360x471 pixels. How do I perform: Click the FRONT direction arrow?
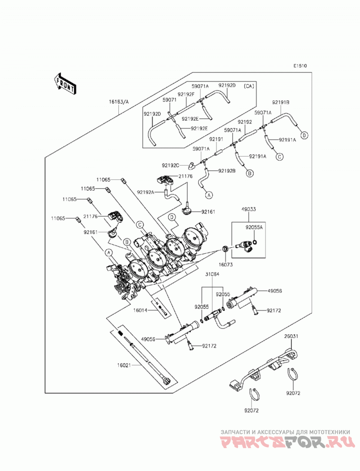coord(65,84)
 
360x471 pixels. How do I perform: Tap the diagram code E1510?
coord(300,66)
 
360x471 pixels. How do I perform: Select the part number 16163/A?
coord(119,102)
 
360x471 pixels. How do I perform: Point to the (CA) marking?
coord(249,86)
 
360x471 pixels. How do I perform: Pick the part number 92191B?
coord(281,103)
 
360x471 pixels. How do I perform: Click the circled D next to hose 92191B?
coord(304,135)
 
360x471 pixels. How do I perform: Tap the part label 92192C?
coord(171,165)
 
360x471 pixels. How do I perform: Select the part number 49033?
coord(248,209)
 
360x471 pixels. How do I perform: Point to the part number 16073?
coord(225,265)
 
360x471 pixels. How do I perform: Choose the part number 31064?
coord(212,274)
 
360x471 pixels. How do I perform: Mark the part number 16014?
coord(140,310)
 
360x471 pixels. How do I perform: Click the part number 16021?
coord(124,365)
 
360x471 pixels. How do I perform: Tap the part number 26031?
coord(291,336)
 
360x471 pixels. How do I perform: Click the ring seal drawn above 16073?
coord(225,249)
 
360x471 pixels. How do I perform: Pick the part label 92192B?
coord(227,171)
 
